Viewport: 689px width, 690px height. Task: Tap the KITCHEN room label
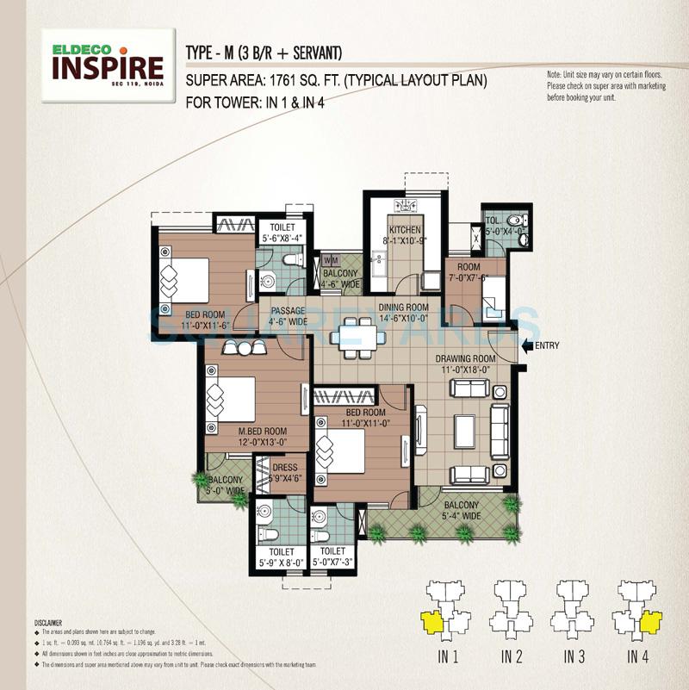click(404, 230)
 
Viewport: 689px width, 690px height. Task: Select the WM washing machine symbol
click(332, 259)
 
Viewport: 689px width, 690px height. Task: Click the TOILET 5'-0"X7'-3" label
click(332, 556)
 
